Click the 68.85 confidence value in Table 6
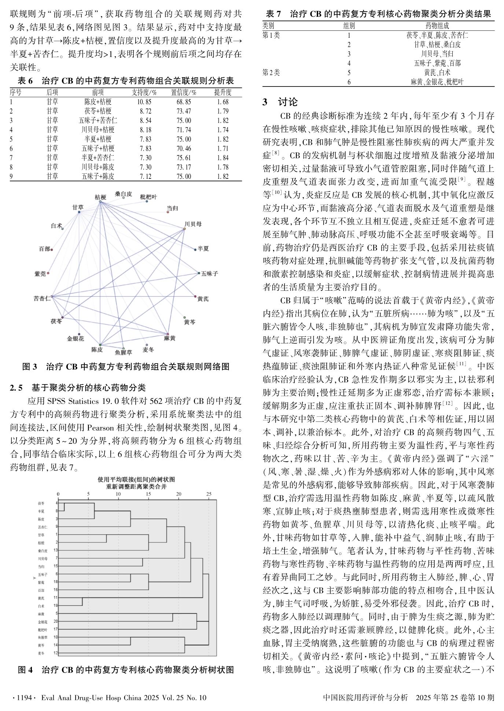pyautogui.click(x=184, y=102)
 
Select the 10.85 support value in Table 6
pyautogui.click(x=144, y=102)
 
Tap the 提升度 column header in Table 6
pyautogui.click(x=223, y=93)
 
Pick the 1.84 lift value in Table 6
pyautogui.click(x=223, y=158)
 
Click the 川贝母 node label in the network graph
pyautogui.click(x=193, y=224)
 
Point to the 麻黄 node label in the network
pyautogui.click(x=170, y=338)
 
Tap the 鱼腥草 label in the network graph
pyautogui.click(x=123, y=352)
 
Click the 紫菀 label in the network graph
pyautogui.click(x=40, y=274)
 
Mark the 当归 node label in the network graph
pyautogui.click(x=172, y=208)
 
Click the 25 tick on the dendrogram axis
pyautogui.click(x=209, y=494)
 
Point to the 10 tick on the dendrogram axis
pyautogui.click(x=118, y=494)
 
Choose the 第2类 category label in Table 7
pyautogui.click(x=271, y=73)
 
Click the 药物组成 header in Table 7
pyautogui.click(x=437, y=26)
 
